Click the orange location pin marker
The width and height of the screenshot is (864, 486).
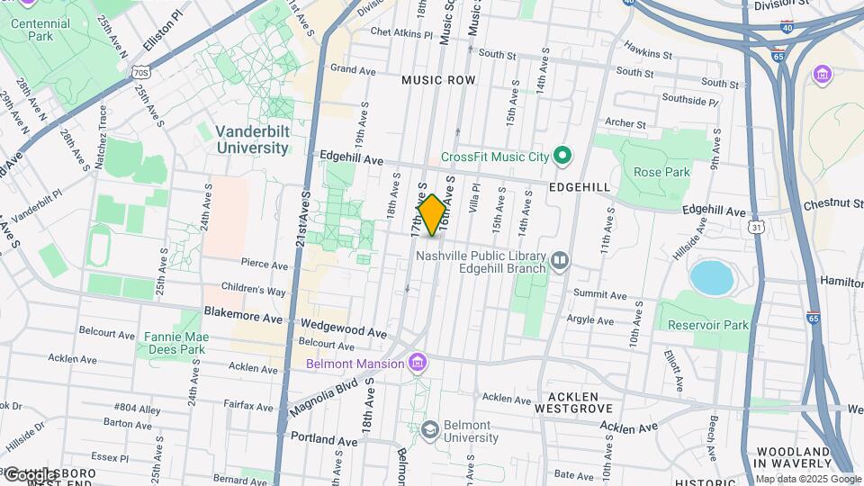[x=432, y=214]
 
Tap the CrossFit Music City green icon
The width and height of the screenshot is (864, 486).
[x=562, y=157]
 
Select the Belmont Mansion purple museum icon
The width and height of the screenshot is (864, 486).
[x=417, y=364]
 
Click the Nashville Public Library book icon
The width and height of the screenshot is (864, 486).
[x=560, y=261]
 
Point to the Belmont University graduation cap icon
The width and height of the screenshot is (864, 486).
[x=429, y=430]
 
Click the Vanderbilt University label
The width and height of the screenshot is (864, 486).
[x=252, y=139]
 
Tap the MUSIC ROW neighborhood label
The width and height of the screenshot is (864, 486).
[x=437, y=80]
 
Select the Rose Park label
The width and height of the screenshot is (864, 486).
[x=661, y=172]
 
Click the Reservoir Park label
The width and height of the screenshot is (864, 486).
[x=704, y=324]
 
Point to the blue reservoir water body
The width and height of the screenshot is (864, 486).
[x=711, y=277]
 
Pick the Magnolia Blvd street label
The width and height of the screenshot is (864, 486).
[x=324, y=397]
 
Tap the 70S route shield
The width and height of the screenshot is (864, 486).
[x=139, y=71]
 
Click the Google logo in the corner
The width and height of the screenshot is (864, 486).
[x=31, y=474]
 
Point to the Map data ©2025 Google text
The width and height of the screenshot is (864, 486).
[x=807, y=479]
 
